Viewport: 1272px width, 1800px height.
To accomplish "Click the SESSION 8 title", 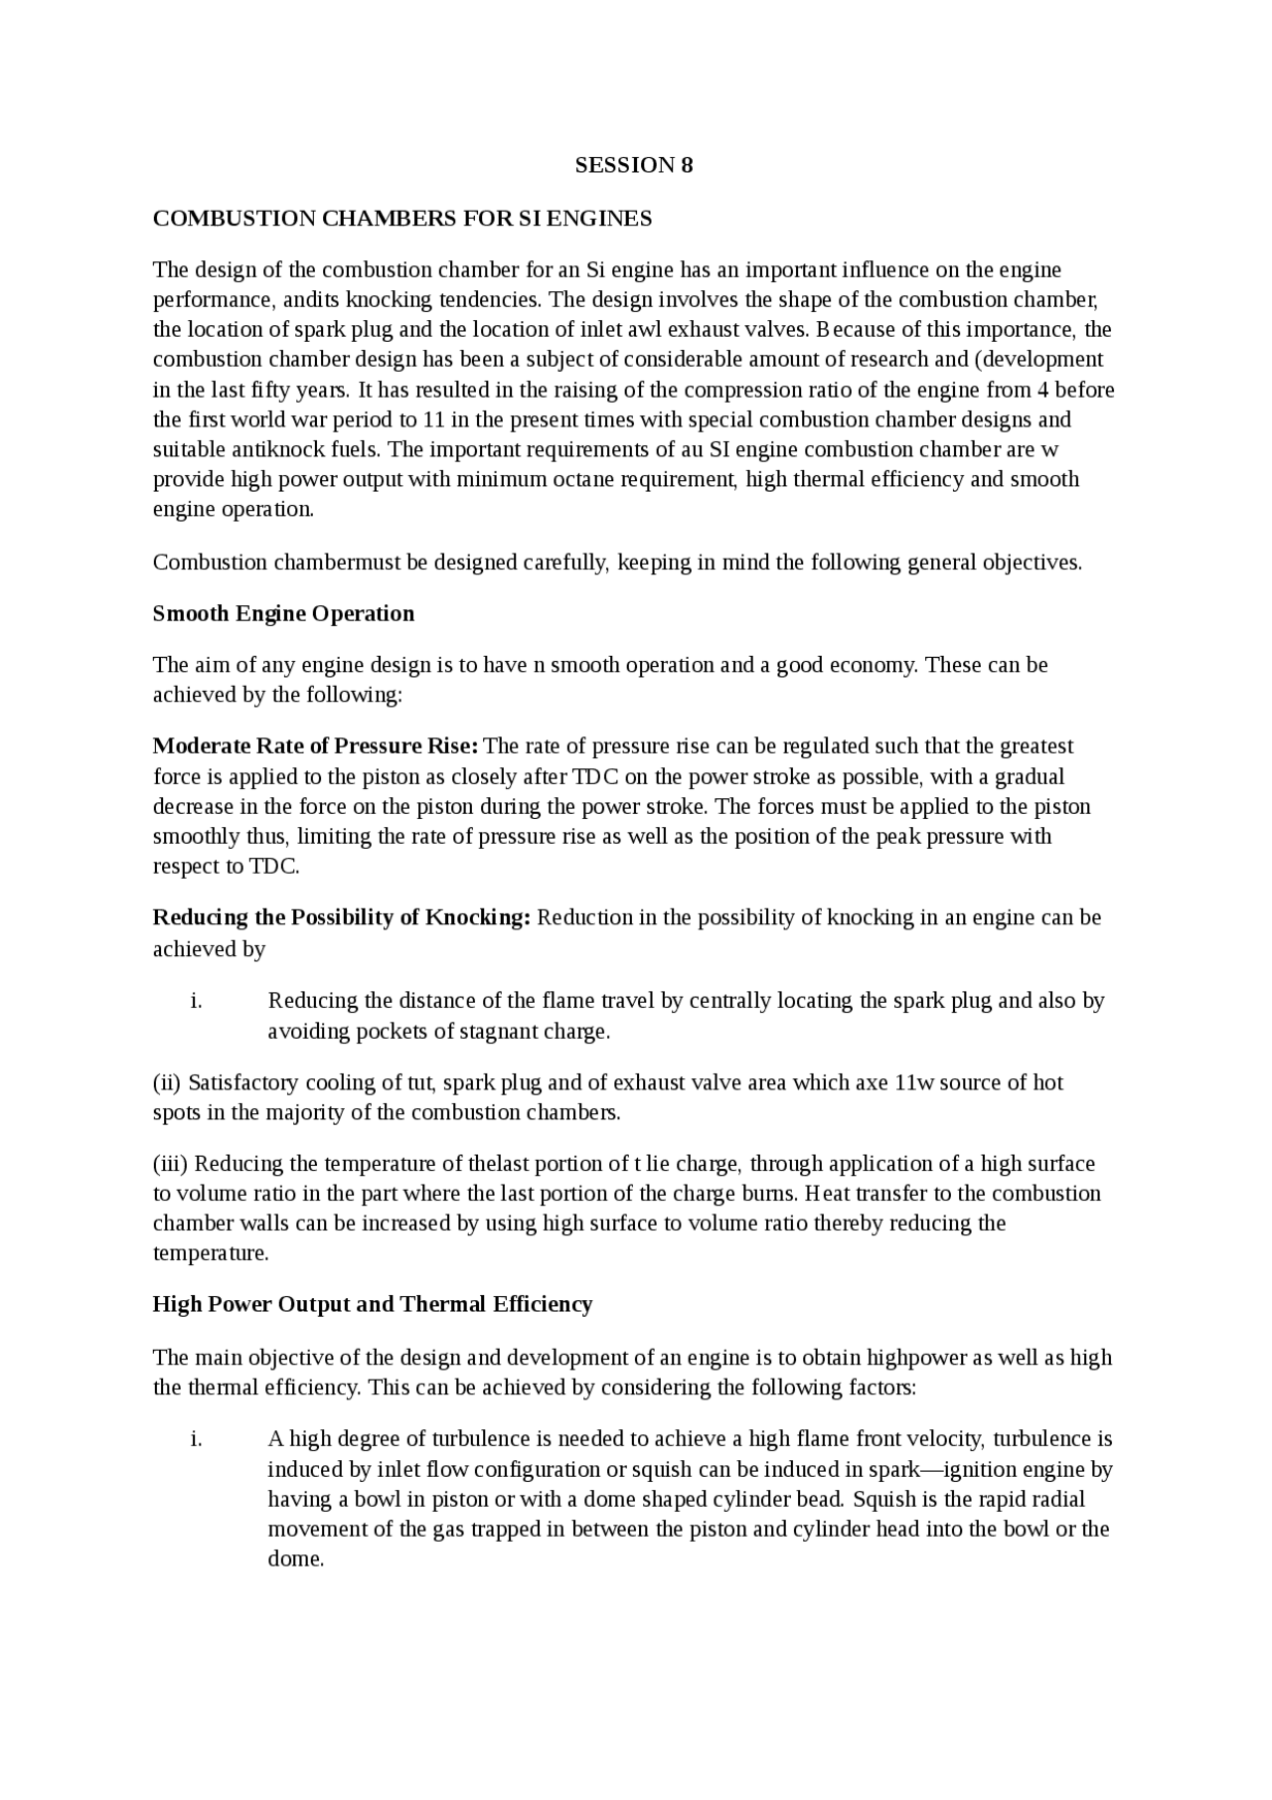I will click(634, 166).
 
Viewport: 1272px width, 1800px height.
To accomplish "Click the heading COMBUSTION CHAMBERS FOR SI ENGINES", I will click(402, 219).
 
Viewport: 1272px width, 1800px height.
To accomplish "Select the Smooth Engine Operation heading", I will click(283, 613).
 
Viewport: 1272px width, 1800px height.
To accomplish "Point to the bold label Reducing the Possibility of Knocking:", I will click(342, 917).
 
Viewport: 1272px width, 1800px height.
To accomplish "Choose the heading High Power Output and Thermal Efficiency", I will click(373, 1304).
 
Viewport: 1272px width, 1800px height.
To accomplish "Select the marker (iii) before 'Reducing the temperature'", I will click(170, 1164).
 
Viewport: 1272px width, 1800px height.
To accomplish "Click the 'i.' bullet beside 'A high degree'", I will click(196, 1439).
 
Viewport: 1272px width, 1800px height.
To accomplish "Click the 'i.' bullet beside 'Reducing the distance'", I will click(196, 1001).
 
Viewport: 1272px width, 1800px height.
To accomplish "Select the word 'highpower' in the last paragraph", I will click(914, 1358).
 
